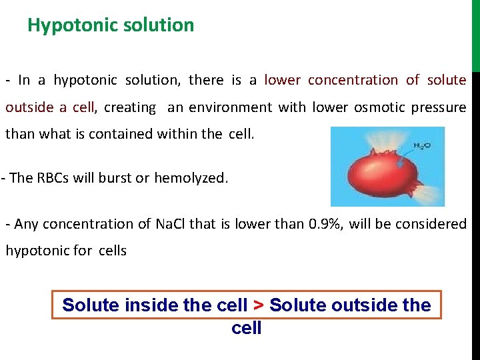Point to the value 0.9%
324,224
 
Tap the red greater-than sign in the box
259,305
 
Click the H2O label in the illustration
421,145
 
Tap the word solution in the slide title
163,25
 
